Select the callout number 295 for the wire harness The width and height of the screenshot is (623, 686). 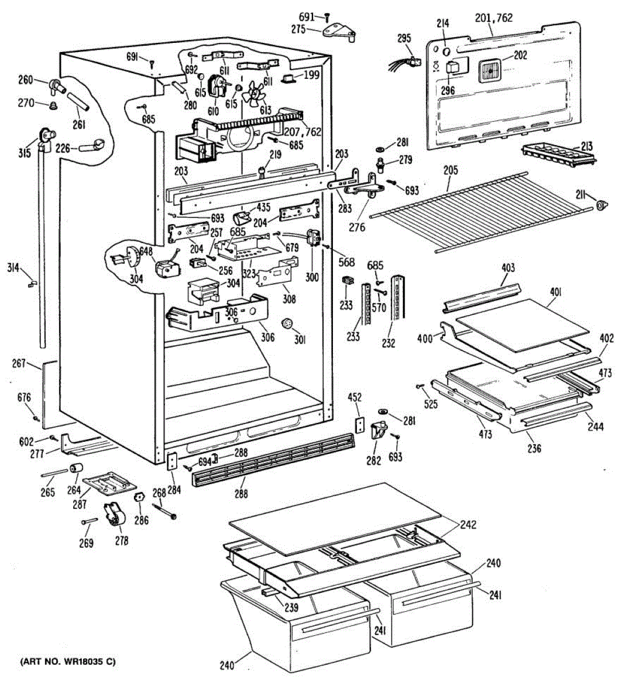(x=404, y=39)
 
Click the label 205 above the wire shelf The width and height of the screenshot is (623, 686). (x=450, y=170)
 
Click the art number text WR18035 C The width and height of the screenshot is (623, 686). (x=68, y=662)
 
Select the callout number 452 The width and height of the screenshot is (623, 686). (x=356, y=398)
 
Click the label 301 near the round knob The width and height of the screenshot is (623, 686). (x=300, y=340)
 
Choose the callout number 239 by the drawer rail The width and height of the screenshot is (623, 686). (x=291, y=608)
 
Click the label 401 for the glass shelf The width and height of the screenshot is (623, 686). (x=555, y=293)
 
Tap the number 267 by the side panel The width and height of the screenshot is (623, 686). (x=19, y=364)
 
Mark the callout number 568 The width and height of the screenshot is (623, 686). (x=347, y=262)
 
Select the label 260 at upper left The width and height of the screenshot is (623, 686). (x=26, y=80)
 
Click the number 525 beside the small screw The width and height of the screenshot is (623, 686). (x=431, y=404)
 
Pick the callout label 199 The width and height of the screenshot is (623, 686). (x=312, y=75)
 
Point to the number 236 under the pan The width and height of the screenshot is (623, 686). (x=534, y=449)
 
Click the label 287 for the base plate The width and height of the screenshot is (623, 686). (x=80, y=504)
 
